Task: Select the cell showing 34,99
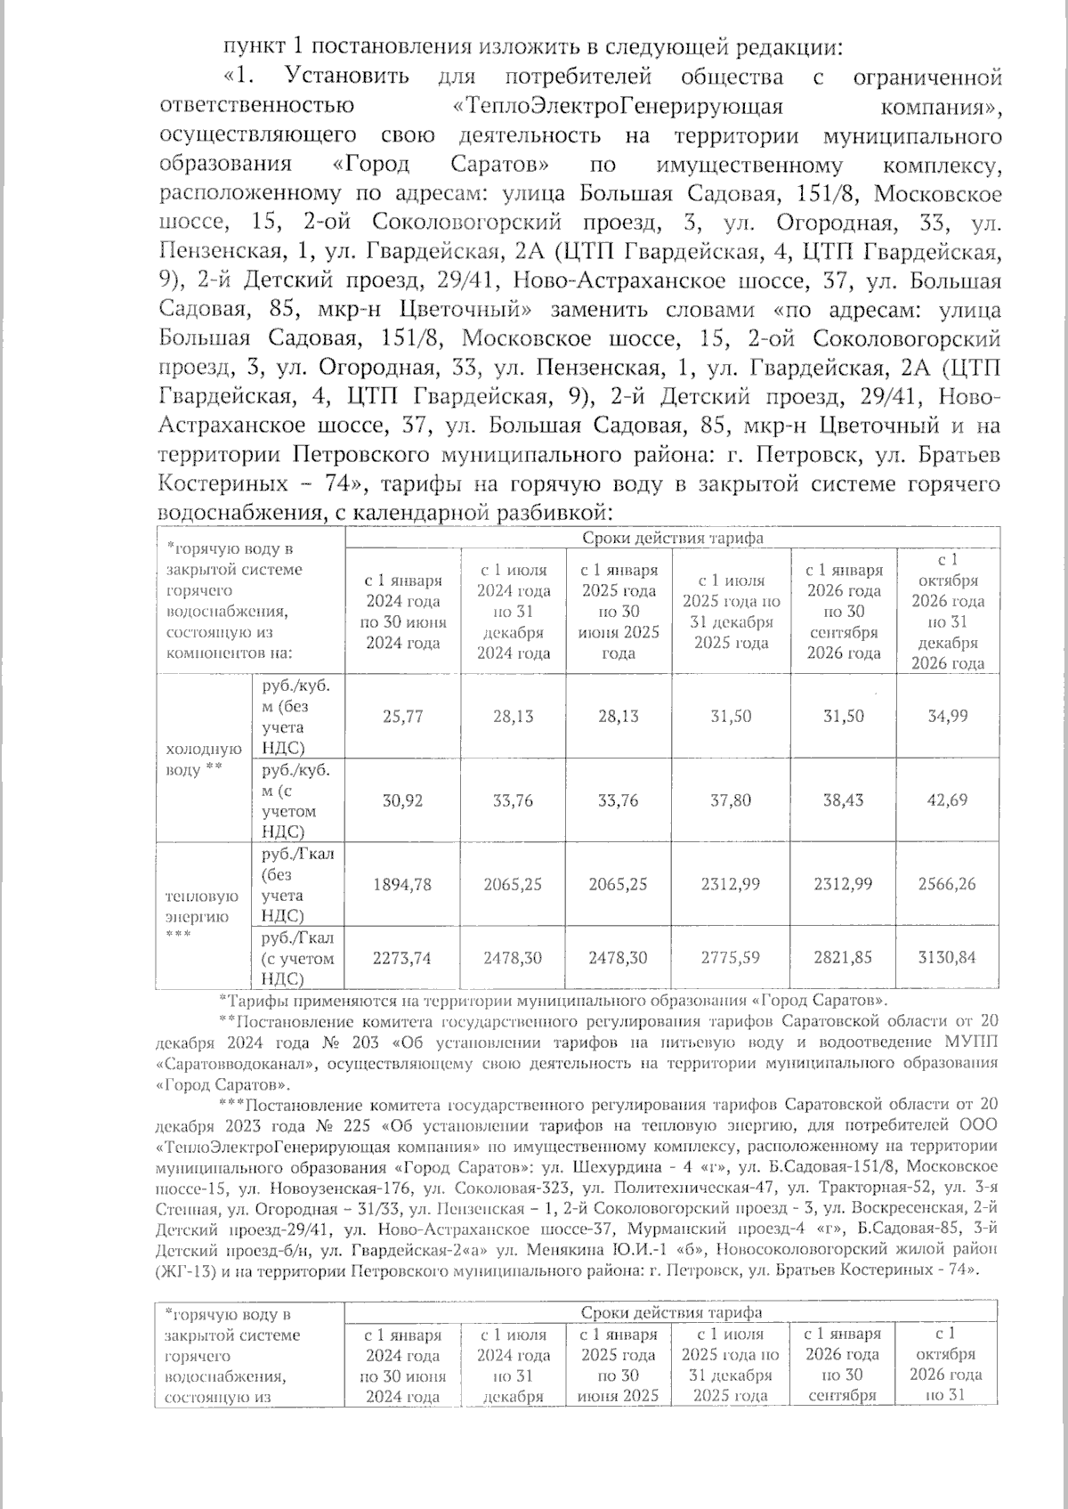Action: click(948, 716)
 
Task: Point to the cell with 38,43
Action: click(842, 800)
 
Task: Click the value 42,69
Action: click(948, 800)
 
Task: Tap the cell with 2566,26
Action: click(948, 884)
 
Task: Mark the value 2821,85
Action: click(842, 958)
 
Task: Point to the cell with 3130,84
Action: click(948, 958)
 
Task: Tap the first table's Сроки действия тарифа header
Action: click(672, 538)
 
